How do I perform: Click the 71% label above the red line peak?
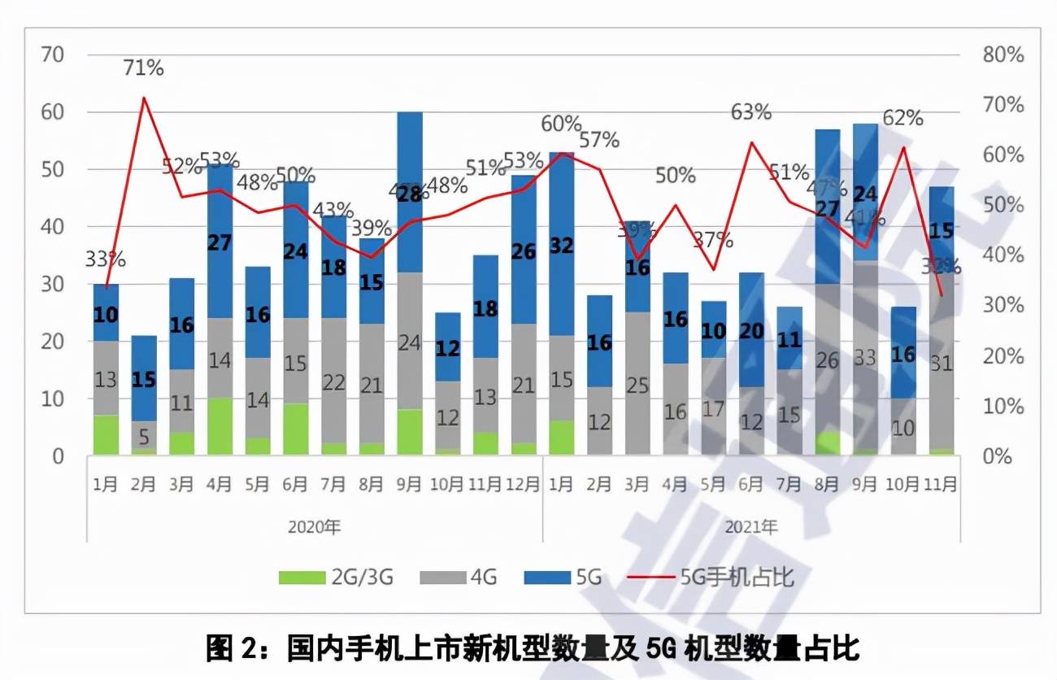coord(144,68)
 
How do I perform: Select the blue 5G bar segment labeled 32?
coord(561,246)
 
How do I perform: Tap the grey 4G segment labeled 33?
coord(865,358)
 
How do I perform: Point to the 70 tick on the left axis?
coord(53,55)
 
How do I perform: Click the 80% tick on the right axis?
coord(1003,55)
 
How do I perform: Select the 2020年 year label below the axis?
coord(314,526)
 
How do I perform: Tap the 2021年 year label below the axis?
coord(750,526)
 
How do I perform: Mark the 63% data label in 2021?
coord(750,112)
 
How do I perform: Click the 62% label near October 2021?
coord(903,118)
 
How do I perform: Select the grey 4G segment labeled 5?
coord(144,438)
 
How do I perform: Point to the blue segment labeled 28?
coord(409,194)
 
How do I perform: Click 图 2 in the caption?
coord(231,649)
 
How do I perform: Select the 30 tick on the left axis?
coord(53,285)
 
